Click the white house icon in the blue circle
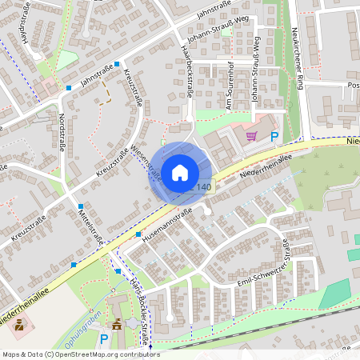pyautogui.click(x=181, y=172)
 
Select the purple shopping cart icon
pyautogui.click(x=252, y=137)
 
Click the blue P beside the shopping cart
pyautogui.click(x=274, y=137)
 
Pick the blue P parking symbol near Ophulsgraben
pyautogui.click(x=103, y=339)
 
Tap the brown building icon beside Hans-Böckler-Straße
pyautogui.click(x=118, y=325)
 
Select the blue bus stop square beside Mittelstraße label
pyautogui.click(x=80, y=206)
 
